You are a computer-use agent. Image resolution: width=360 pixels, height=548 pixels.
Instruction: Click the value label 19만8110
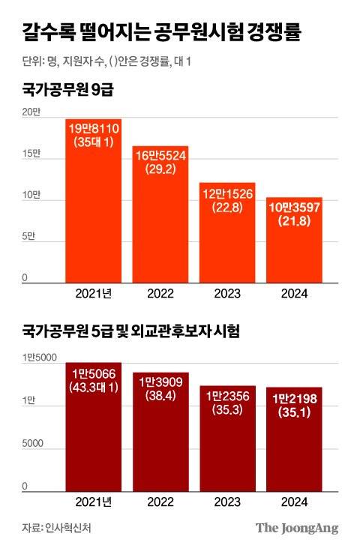pyautogui.click(x=94, y=129)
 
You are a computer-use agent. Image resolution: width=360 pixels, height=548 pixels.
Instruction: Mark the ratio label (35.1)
pyautogui.click(x=294, y=412)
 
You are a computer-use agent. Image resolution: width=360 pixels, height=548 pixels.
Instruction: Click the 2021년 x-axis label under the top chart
pyautogui.click(x=94, y=293)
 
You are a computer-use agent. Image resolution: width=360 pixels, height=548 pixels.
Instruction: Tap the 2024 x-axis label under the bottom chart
pyautogui.click(x=294, y=502)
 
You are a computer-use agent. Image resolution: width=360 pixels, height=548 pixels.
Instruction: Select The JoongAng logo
pyautogui.click(x=297, y=527)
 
